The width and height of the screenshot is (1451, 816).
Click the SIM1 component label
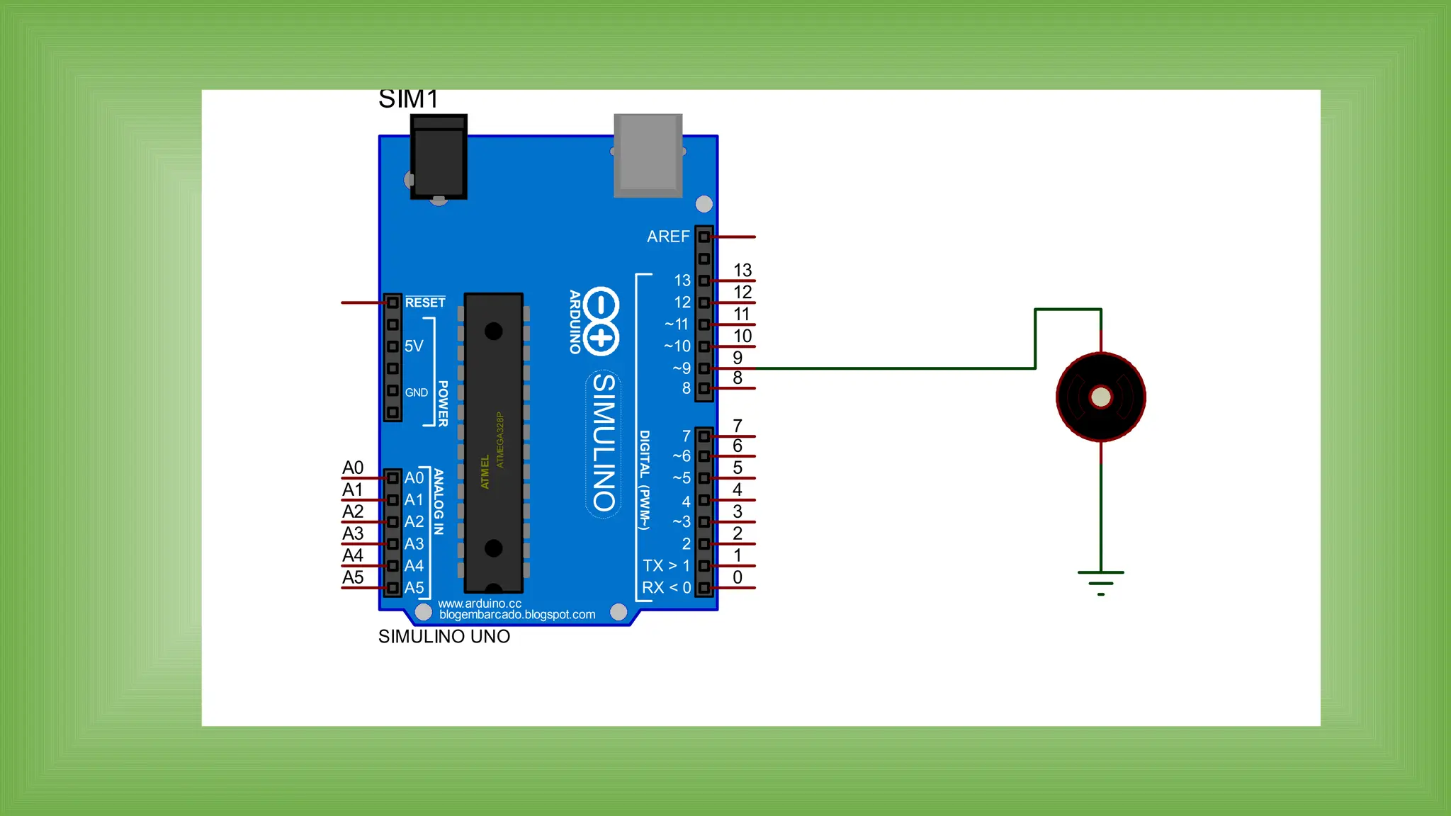click(x=408, y=99)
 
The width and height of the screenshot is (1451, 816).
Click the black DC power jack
click(x=439, y=157)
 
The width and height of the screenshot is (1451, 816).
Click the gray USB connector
click(x=648, y=155)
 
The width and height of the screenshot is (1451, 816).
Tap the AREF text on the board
click(x=667, y=237)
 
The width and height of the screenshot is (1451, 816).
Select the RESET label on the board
click(x=425, y=302)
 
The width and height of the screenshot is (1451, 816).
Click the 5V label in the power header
click(x=414, y=346)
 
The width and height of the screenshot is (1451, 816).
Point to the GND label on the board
click(x=416, y=392)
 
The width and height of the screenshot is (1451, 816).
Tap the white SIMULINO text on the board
click(x=604, y=443)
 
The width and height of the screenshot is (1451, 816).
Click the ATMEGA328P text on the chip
click(x=500, y=440)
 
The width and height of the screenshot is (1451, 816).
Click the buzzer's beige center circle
click(x=1100, y=397)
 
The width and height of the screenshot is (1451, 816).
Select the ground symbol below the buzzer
click(x=1100, y=583)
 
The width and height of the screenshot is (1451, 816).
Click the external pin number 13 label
click(x=742, y=270)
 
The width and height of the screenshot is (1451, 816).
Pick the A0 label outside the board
click(x=353, y=467)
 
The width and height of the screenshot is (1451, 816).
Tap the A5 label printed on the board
click(x=414, y=588)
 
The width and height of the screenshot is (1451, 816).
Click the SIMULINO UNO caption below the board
click(x=444, y=636)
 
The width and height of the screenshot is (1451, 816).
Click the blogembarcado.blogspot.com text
click(x=516, y=615)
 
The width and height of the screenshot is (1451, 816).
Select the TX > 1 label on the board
click(x=666, y=566)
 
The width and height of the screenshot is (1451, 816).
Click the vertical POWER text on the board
click(x=443, y=404)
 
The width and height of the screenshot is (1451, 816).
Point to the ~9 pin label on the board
click(x=681, y=368)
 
